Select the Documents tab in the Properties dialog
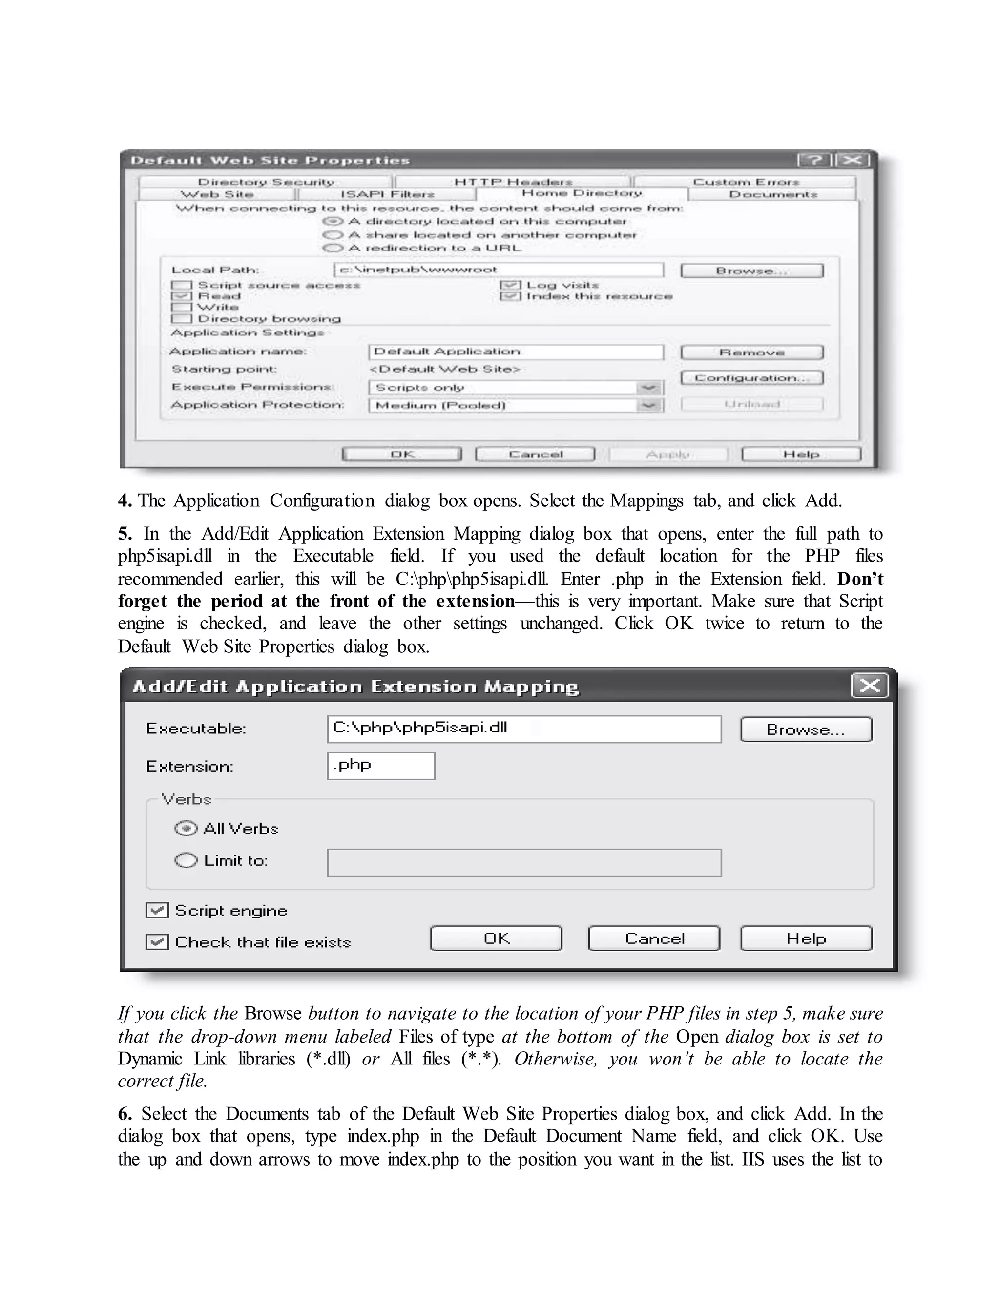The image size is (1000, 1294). pos(772,194)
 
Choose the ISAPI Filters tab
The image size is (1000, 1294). pos(387,194)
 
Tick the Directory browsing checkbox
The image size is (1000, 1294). pos(182,319)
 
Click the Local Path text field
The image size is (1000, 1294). pos(498,270)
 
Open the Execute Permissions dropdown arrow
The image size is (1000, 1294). pos(649,388)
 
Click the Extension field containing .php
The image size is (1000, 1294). pos(380,766)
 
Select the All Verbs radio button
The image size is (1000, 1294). pos(186,828)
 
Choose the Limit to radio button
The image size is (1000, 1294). pos(186,860)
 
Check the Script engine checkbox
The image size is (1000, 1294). pos(157,910)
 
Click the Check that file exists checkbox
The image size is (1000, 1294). pos(157,941)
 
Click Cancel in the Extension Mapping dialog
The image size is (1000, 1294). pos(653,939)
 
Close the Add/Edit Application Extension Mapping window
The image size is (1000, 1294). pos(869,686)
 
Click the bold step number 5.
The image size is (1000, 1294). pos(125,534)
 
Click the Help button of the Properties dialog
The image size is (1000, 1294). pos(801,455)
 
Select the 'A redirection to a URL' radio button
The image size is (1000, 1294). pos(333,248)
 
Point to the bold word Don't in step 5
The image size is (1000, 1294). pos(859,579)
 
